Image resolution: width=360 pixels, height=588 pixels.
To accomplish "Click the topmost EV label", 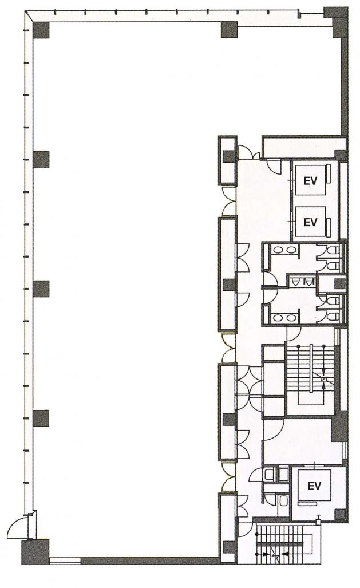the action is (310, 181).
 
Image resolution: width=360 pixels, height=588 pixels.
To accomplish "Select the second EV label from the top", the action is (310, 222).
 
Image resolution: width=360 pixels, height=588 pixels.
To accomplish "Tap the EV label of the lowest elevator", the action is (314, 486).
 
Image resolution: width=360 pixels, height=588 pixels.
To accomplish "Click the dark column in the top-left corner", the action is (41, 30).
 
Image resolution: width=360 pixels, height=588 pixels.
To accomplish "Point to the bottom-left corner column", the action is (35, 552).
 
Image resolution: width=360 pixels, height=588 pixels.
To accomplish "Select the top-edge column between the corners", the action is (229, 30).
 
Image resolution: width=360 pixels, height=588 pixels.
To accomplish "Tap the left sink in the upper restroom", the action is (278, 250).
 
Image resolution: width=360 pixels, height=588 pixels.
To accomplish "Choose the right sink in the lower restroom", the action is (290, 318).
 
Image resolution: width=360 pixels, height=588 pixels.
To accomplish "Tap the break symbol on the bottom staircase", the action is (277, 554).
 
